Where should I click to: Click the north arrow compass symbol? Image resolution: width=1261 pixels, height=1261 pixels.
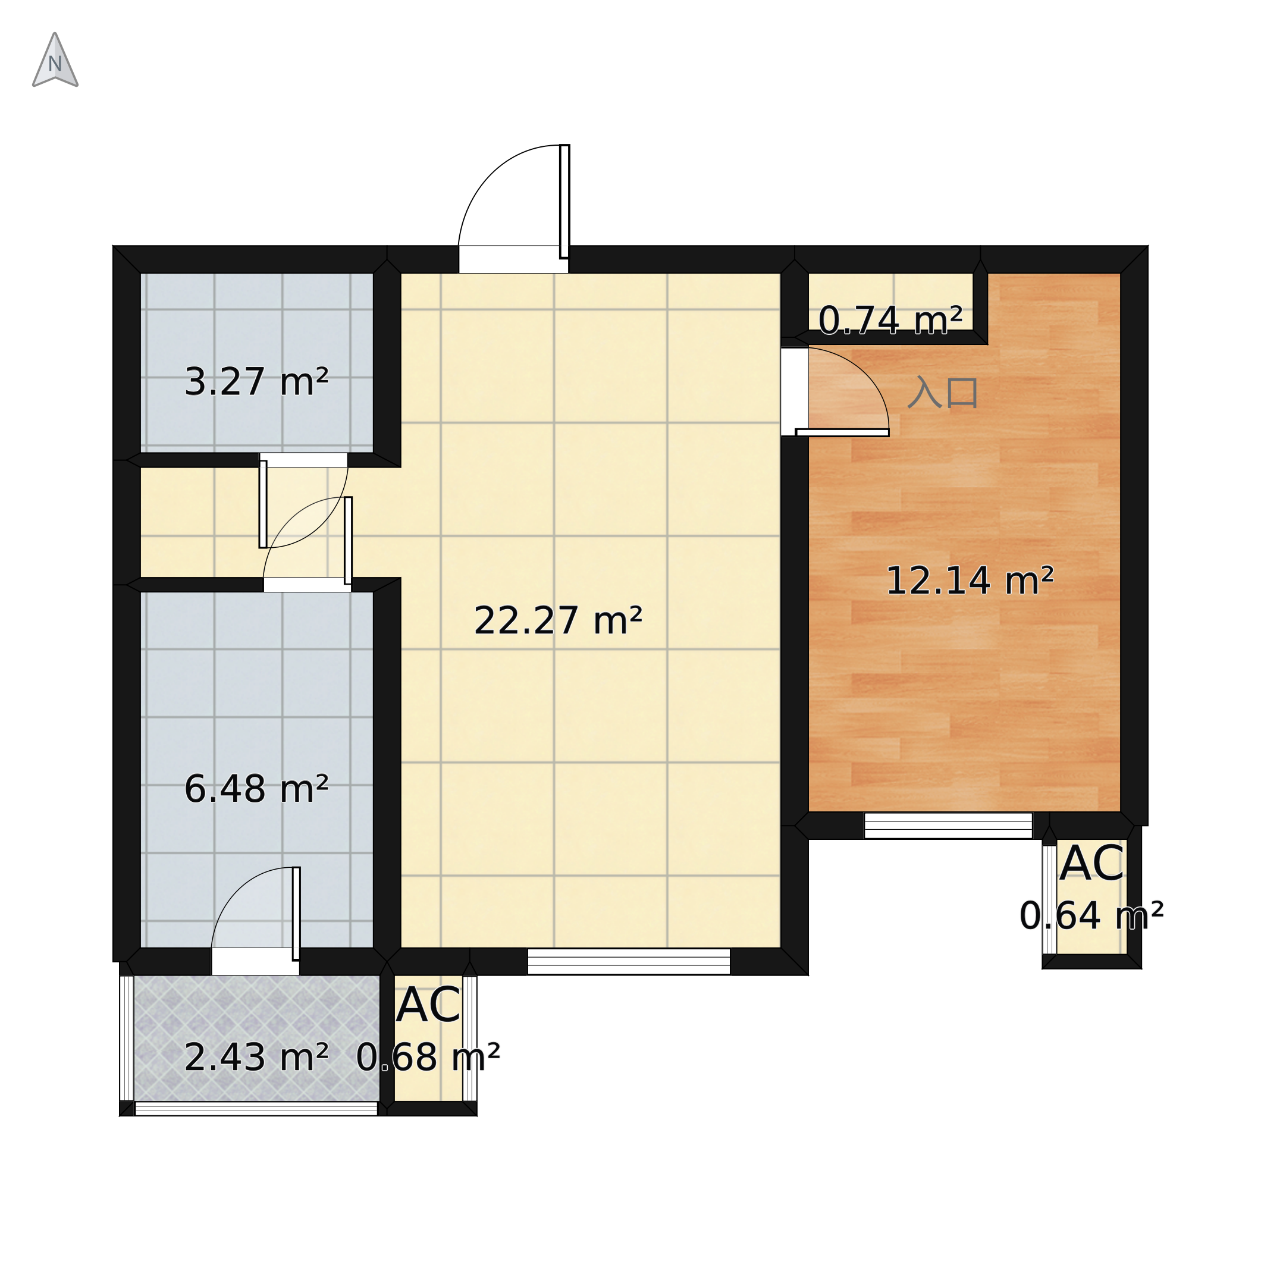point(55,60)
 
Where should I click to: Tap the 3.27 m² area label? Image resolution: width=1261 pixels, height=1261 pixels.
point(256,382)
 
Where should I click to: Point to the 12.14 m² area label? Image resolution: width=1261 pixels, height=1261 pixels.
point(970,581)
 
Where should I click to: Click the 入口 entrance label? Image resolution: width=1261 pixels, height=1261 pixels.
point(943,392)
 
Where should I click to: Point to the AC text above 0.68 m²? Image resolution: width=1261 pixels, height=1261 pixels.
point(428,1006)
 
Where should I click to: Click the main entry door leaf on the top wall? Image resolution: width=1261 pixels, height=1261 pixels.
point(564,201)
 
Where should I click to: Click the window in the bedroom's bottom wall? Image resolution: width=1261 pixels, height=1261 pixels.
point(948,826)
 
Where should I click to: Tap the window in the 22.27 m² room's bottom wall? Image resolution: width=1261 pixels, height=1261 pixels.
point(629,961)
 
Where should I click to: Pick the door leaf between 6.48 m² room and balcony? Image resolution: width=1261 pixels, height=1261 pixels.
point(296,914)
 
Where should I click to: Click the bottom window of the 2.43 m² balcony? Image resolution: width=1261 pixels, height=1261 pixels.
point(256,1109)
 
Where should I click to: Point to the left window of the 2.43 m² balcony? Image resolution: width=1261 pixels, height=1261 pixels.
point(127,1039)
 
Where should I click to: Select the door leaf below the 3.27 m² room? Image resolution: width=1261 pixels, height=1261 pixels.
point(263,504)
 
